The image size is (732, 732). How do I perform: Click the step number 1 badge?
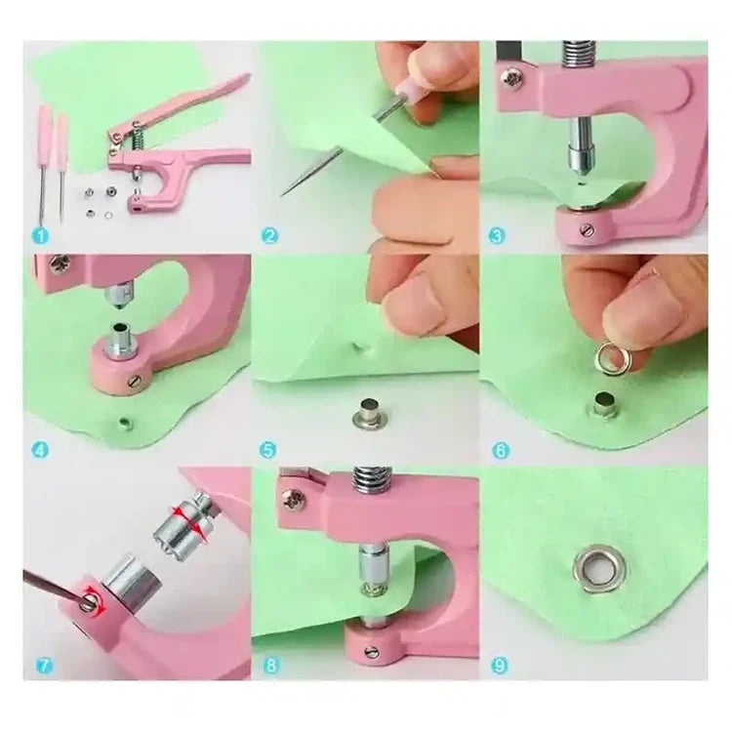41,236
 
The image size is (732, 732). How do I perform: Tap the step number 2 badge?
269,236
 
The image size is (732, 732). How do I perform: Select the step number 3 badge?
497,236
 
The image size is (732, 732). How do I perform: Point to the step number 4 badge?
41,451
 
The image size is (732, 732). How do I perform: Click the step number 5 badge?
268,451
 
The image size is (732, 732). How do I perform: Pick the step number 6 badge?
501,451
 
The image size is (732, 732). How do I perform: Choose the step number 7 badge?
44,666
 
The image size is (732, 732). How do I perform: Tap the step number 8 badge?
271,666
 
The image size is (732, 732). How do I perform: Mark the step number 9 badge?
500,666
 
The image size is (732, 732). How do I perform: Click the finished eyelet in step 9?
599,571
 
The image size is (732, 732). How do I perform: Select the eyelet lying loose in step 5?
369,414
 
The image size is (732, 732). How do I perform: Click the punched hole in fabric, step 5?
359,346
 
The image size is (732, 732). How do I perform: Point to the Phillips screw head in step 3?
512,79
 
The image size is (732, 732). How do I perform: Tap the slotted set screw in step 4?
135,382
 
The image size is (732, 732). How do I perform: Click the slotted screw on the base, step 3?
587,229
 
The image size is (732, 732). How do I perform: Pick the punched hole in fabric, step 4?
125,424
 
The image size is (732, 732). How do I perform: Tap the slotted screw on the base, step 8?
372,651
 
